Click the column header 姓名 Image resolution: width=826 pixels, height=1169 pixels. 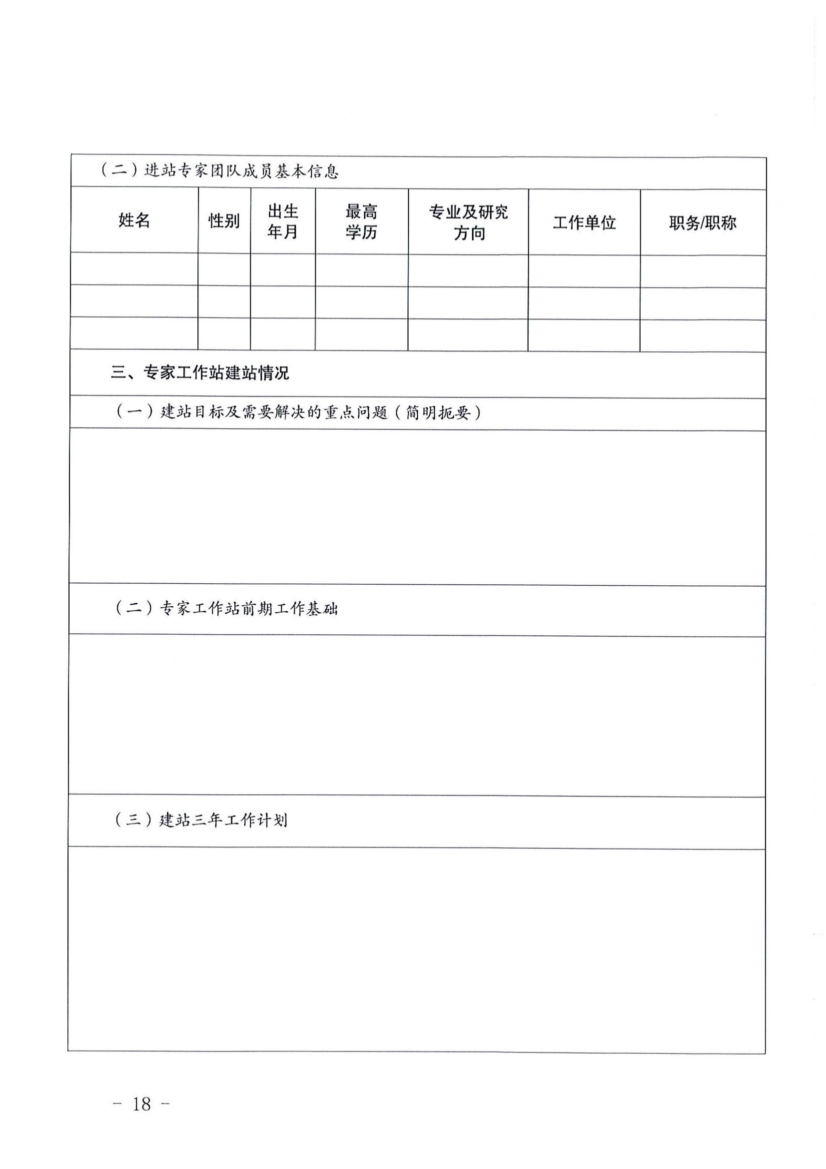pos(134,220)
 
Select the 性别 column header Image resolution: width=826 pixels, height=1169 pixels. pos(224,221)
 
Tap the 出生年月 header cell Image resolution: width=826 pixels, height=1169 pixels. pos(283,221)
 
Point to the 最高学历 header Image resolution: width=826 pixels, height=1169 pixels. pos(361,222)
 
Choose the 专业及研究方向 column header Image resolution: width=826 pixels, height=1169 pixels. pos(468,222)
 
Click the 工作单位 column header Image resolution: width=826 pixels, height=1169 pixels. pos(584,222)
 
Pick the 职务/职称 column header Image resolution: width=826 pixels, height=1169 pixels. pos(703,223)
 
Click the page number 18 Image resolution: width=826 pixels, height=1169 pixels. pos(141,1104)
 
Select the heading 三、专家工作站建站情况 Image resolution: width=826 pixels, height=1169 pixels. pos(200,373)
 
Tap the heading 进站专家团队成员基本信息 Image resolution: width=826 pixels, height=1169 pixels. pos(241,170)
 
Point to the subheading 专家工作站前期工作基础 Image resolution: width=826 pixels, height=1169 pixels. pos(249,608)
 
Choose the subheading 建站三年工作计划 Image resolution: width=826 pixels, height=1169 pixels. pos(223,820)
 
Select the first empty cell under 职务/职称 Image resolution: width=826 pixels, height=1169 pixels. pos(703,271)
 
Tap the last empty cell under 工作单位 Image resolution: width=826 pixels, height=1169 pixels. pos(584,335)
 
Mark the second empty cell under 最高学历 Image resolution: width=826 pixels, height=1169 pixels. pos(361,302)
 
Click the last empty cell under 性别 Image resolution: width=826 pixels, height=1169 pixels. pos(224,334)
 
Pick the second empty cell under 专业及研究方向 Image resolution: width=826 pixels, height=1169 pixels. pos(468,303)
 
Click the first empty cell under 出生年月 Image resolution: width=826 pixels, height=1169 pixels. pos(283,270)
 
